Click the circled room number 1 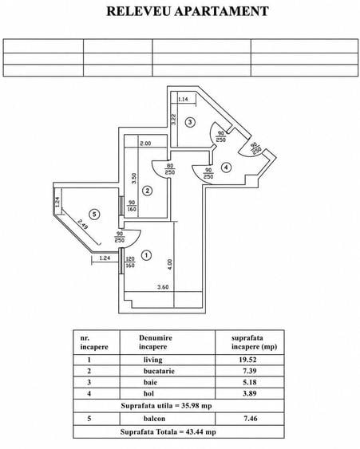147,255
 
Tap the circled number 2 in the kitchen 148,191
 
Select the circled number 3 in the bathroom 190,123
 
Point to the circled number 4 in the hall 227,167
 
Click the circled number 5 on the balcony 94,215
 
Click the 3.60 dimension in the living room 163,287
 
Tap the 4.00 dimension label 170,264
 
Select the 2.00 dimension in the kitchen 145,144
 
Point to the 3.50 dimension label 133,178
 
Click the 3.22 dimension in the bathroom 173,120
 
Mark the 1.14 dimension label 183,100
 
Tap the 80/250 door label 170,169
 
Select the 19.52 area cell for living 247,360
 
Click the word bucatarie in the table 159,371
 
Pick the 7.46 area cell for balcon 251,419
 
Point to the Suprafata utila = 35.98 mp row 166,406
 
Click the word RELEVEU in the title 139,11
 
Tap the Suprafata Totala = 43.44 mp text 168,431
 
